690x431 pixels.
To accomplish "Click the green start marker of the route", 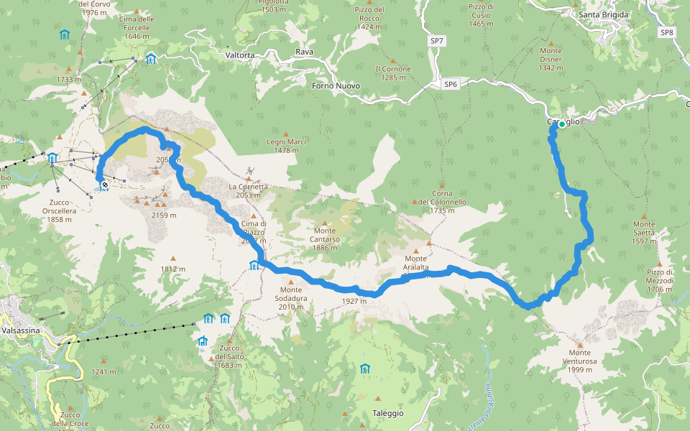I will click(562, 124).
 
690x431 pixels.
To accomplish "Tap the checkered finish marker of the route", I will click(105, 185).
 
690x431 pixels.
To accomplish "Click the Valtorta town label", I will click(239, 55).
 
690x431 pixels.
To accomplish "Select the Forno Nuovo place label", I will click(336, 85).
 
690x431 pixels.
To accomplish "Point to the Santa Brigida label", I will click(604, 14).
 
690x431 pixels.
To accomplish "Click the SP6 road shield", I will click(450, 84).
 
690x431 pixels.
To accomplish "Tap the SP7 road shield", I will click(436, 42).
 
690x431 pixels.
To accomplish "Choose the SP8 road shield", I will click(667, 32).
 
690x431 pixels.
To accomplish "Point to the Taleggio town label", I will click(388, 414).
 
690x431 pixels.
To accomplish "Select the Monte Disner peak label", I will click(551, 59).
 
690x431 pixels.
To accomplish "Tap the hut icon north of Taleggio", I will click(365, 369).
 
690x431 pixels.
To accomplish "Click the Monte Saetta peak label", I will click(644, 236).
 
